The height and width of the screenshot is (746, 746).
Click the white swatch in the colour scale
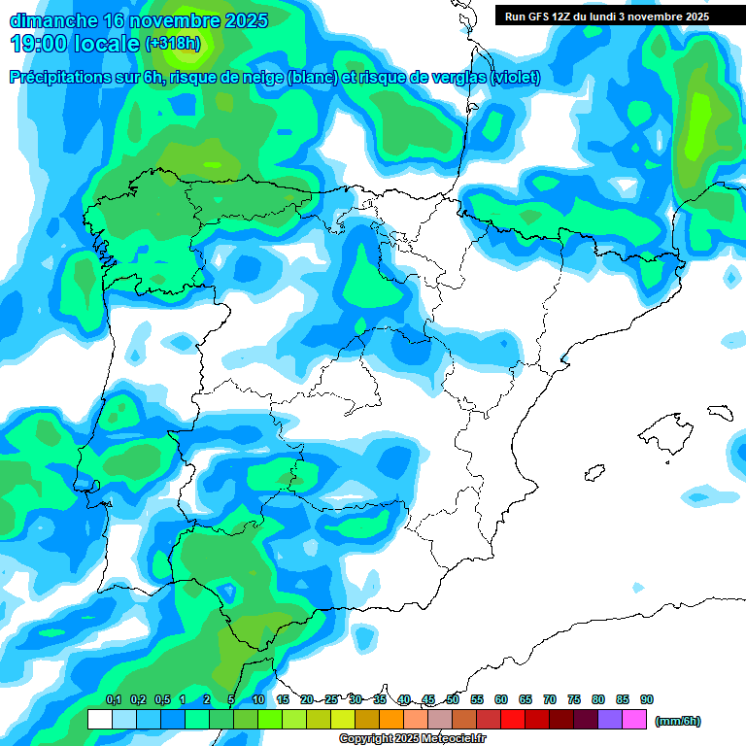pyautogui.click(x=99, y=720)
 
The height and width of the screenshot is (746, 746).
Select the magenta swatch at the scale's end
pyautogui.click(x=634, y=720)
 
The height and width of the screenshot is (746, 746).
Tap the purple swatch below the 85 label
pyautogui.click(x=610, y=720)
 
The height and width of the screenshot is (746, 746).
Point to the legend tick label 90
pyautogui.click(x=647, y=699)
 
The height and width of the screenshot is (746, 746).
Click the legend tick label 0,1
pyautogui.click(x=113, y=699)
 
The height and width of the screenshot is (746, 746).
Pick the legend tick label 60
pyautogui.click(x=501, y=699)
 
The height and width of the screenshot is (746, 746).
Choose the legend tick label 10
pyautogui.click(x=258, y=699)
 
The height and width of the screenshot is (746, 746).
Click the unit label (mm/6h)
pyautogui.click(x=678, y=721)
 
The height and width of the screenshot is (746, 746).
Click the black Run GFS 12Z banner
pyautogui.click(x=606, y=16)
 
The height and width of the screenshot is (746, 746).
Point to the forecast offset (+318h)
pyautogui.click(x=172, y=44)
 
